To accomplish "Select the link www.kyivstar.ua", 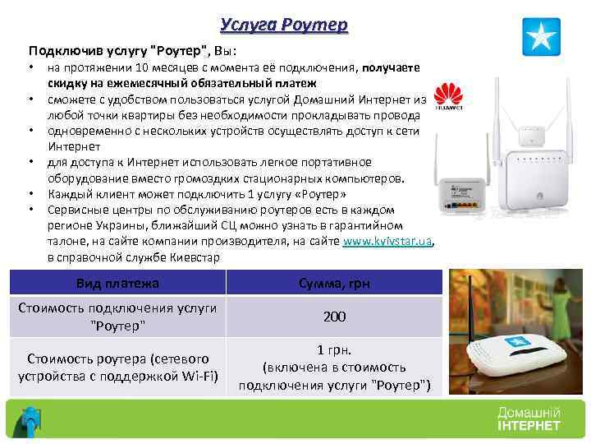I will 387,243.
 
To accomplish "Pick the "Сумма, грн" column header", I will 333,284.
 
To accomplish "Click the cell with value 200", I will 333,317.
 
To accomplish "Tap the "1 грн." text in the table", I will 333,349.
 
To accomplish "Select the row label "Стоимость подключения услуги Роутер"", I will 118,317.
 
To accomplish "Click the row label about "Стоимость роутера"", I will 118,368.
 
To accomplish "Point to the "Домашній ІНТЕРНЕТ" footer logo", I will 529,419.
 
